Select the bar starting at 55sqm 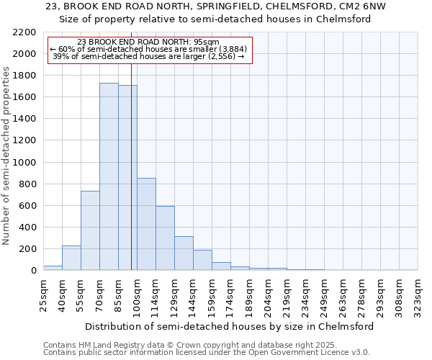[x=90, y=230]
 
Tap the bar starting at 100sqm [x=146, y=224]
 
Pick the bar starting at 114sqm [x=165, y=238]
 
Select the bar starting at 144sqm [x=202, y=260]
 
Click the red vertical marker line [x=131, y=180]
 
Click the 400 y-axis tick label [x=28, y=228]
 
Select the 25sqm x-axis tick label [x=44, y=294]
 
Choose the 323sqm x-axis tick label [x=418, y=294]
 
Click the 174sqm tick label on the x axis [x=231, y=294]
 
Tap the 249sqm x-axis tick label [x=325, y=294]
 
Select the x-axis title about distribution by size [x=230, y=326]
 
